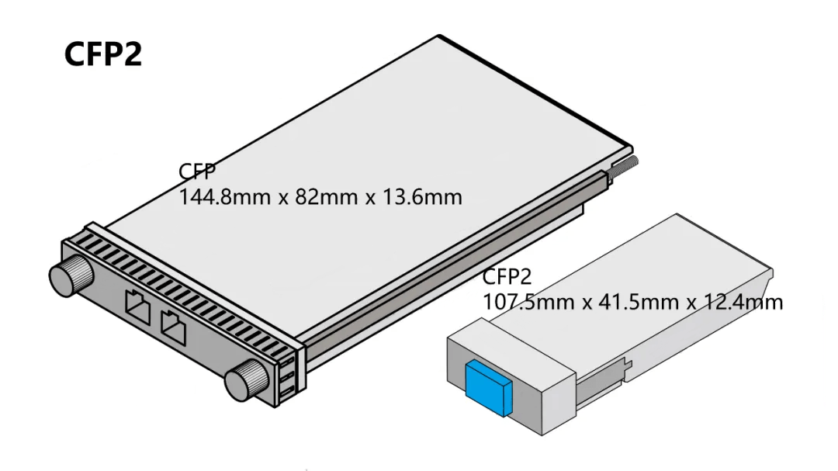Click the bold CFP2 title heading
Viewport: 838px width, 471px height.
click(103, 55)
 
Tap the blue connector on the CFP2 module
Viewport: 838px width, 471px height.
click(485, 385)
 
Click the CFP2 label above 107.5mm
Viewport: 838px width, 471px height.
click(507, 277)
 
